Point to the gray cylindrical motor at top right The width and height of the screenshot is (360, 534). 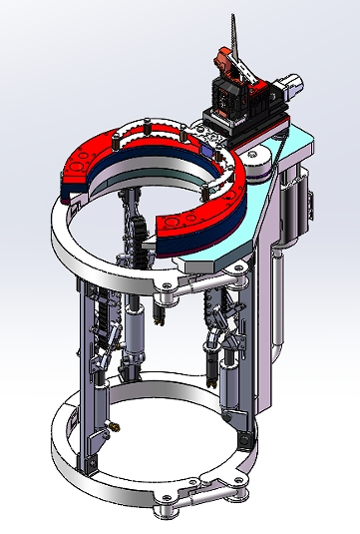[290, 86]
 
